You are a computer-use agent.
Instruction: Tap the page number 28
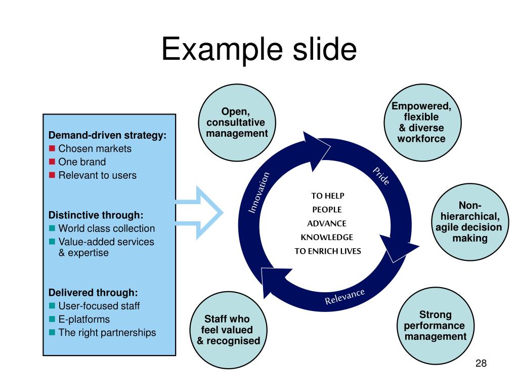pos(481,363)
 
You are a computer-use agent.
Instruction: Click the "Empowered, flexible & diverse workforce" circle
pos(421,122)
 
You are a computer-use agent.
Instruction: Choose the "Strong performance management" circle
pos(435,325)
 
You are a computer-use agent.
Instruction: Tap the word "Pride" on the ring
pos(381,176)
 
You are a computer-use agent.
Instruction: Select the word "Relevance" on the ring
pos(344,297)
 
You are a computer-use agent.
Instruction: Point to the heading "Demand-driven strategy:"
pos(107,135)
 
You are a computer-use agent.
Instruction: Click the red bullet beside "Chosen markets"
pos(52,148)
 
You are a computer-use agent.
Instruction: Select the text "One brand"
pos(82,162)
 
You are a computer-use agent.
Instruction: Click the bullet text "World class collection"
pos(107,228)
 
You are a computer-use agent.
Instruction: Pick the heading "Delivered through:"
pos(93,292)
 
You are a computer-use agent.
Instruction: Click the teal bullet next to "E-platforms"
pos(52,319)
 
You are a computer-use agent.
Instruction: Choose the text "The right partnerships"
pos(107,333)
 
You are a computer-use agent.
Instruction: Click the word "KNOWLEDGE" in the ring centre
pos(327,237)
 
